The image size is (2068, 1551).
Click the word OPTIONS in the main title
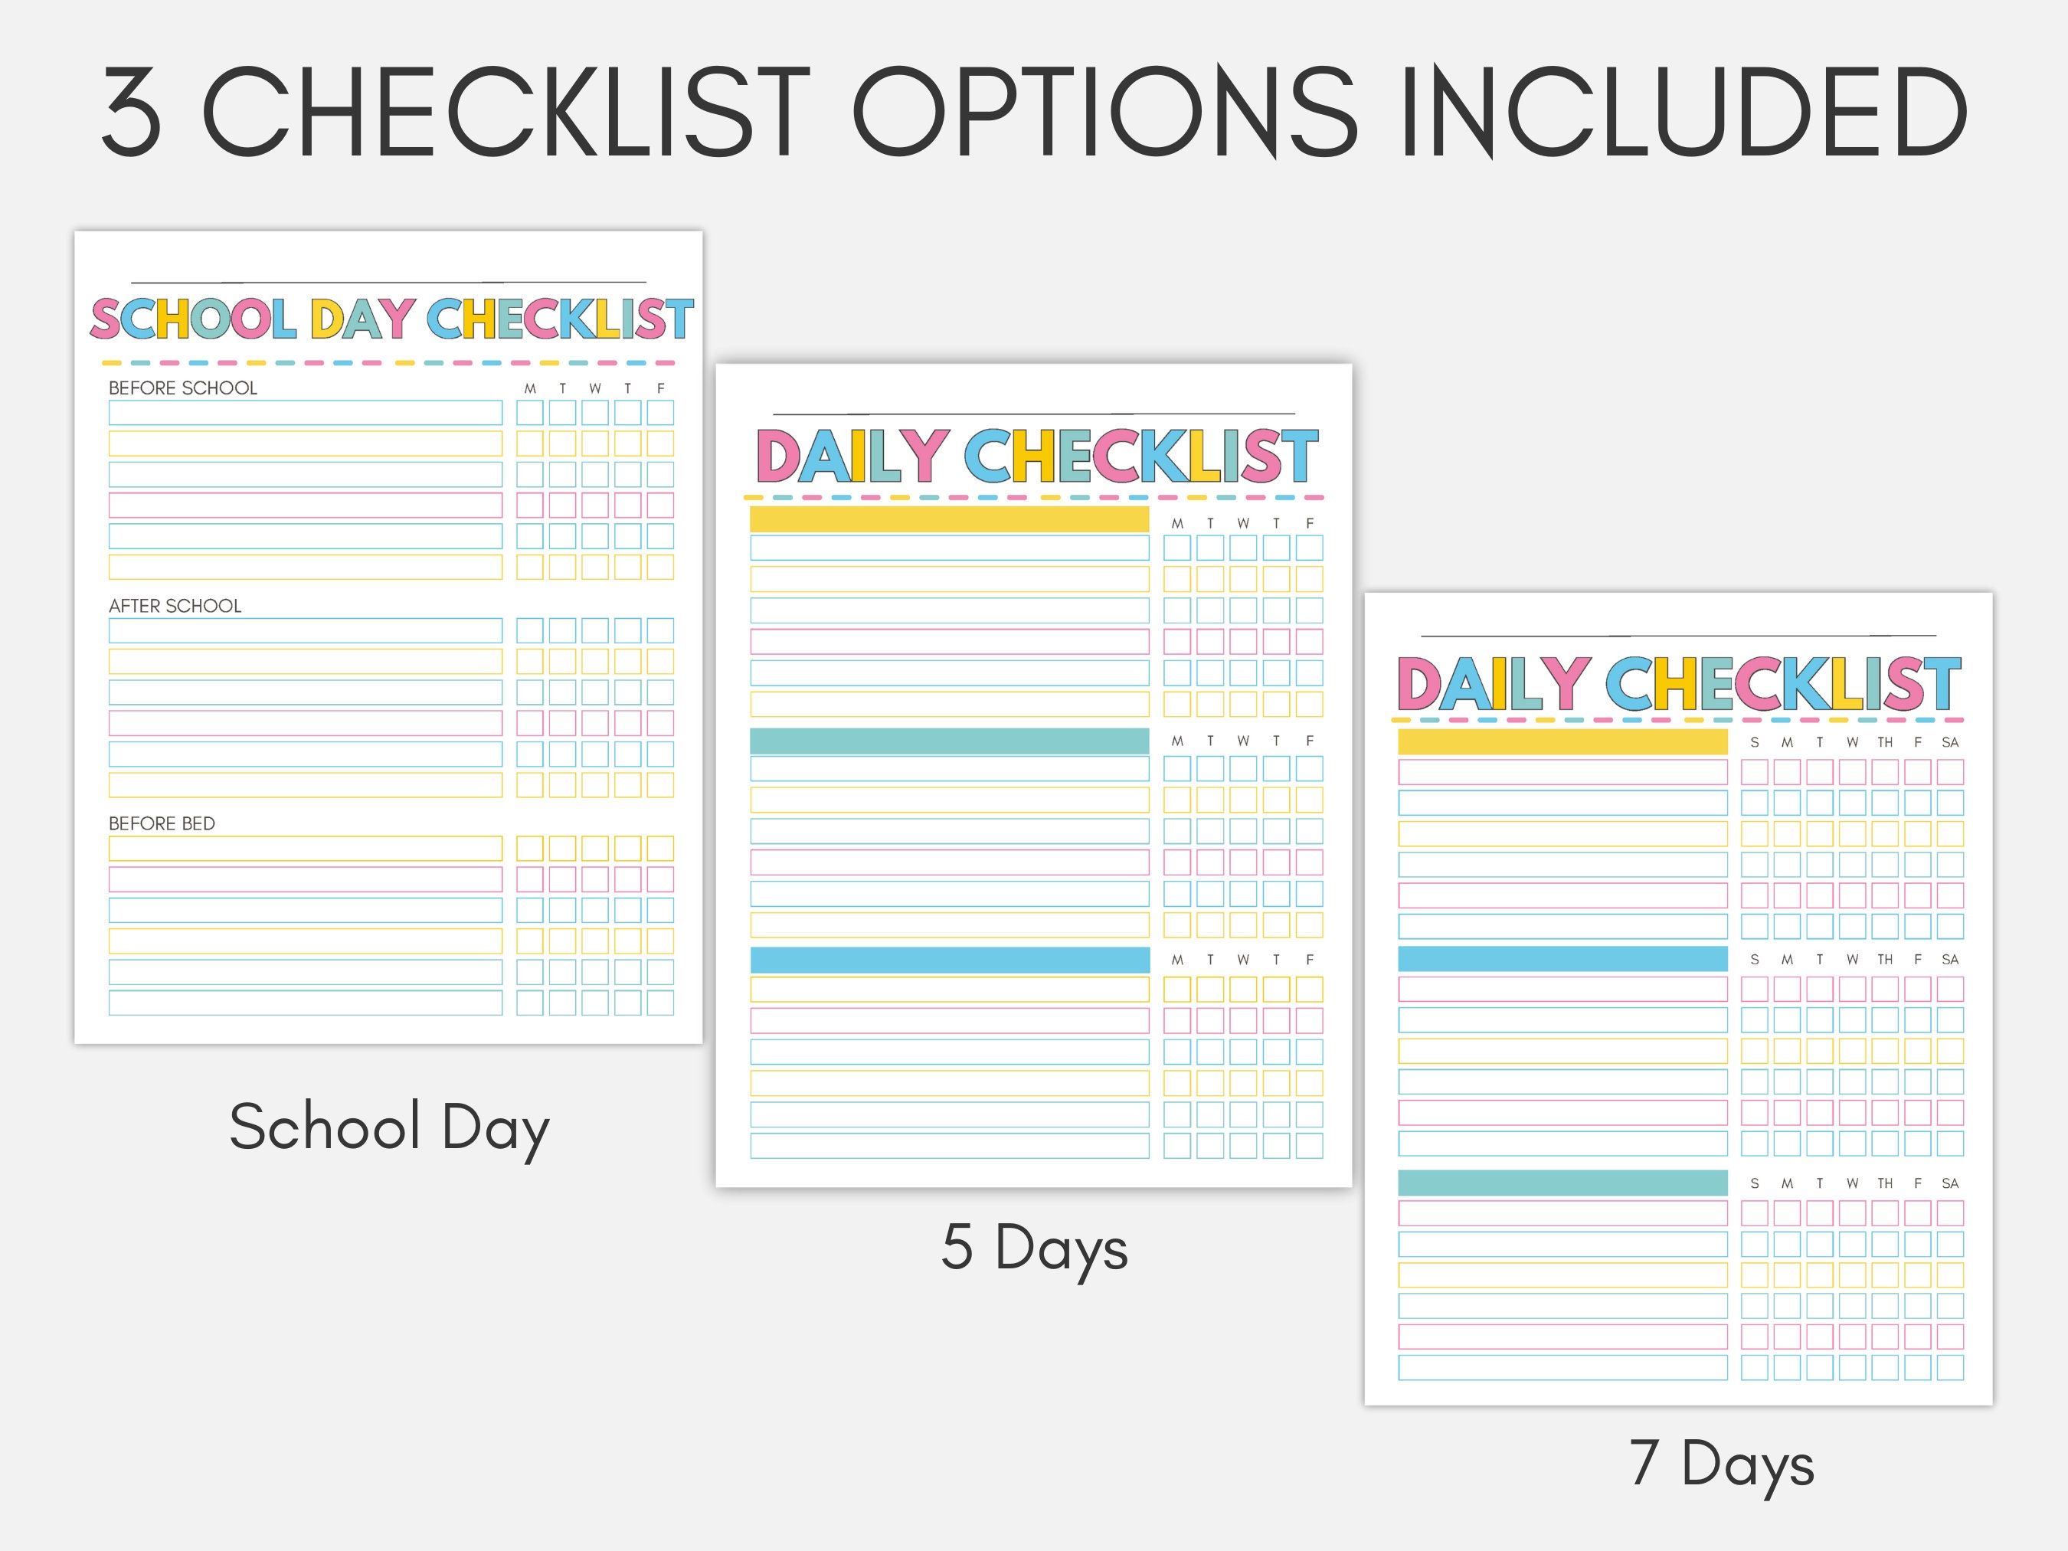[1103, 112]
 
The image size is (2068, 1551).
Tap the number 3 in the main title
[131, 112]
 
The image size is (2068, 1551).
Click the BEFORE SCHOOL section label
[182, 388]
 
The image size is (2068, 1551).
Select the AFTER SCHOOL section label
[175, 606]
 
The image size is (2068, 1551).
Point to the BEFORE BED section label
[162, 823]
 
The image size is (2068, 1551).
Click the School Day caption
[389, 1128]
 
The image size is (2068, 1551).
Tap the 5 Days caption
[1034, 1248]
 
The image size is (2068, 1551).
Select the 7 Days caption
[1721, 1464]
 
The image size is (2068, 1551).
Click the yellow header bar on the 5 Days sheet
[949, 520]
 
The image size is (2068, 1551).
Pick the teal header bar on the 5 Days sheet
[949, 741]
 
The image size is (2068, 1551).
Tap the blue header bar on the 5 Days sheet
[949, 960]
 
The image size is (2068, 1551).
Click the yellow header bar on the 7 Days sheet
[1562, 742]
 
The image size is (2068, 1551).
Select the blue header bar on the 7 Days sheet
[1562, 959]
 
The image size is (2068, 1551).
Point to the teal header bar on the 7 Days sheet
[1562, 1183]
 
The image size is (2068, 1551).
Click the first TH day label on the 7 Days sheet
[1885, 742]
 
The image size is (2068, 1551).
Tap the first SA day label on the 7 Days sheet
[1949, 742]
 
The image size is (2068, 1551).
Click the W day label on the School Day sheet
[594, 389]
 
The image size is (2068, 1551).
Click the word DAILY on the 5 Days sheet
[852, 456]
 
